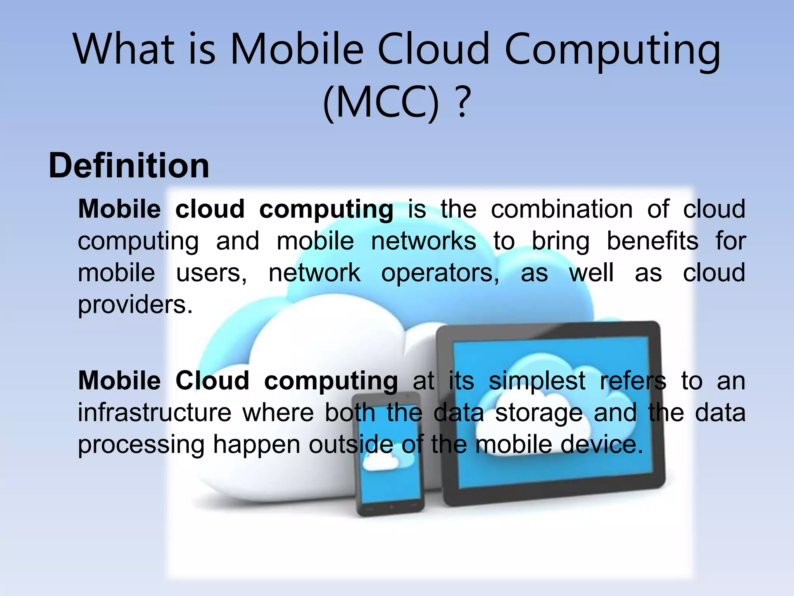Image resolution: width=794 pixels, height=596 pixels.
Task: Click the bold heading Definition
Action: click(129, 166)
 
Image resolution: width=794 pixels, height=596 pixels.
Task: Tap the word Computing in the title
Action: click(612, 50)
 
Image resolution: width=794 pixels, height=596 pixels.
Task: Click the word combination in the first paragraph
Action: click(562, 210)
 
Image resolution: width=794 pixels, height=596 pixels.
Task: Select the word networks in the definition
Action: click(423, 241)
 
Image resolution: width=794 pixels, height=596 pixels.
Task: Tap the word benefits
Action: click(652, 241)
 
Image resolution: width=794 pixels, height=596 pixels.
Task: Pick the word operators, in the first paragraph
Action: click(440, 273)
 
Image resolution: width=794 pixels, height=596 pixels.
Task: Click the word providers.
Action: click(135, 305)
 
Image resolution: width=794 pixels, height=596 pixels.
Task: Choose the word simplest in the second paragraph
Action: click(537, 381)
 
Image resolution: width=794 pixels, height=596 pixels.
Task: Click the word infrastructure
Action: click(154, 413)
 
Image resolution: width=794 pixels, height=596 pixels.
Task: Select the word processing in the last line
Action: click(141, 445)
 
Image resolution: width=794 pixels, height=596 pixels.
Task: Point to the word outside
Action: click(351, 445)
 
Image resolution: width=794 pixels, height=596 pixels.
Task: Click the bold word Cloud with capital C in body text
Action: click(212, 381)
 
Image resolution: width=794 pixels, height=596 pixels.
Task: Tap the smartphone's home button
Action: click(391, 507)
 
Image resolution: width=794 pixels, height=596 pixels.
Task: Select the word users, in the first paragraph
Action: click(211, 273)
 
